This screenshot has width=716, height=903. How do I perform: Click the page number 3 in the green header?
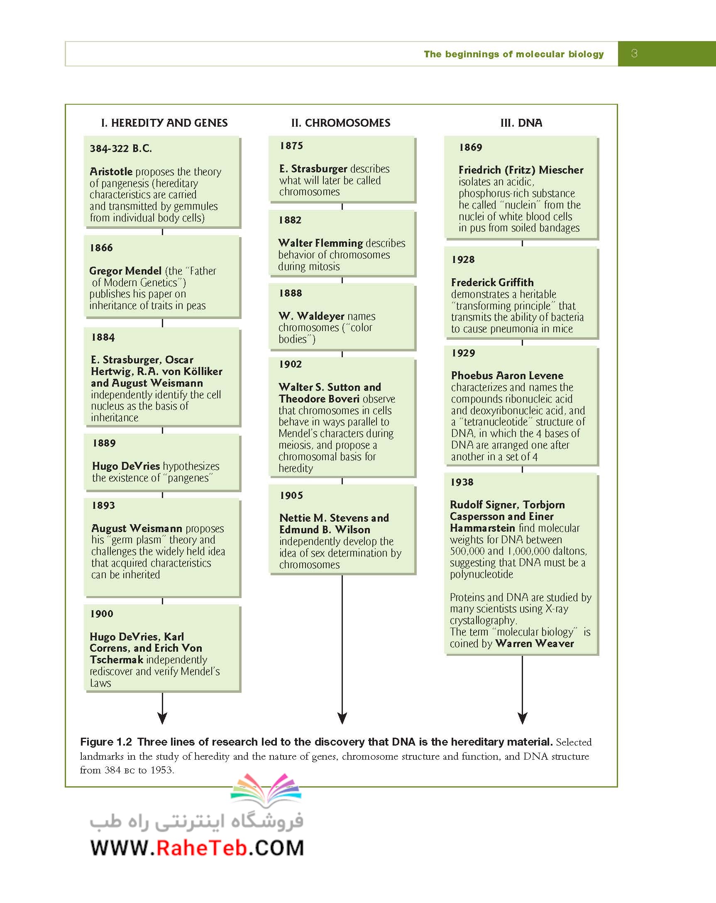tap(634, 53)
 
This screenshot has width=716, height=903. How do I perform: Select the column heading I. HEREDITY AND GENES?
tap(164, 123)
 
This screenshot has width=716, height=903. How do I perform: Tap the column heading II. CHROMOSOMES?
tap(341, 123)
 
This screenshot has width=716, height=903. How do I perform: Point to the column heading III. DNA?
tap(521, 123)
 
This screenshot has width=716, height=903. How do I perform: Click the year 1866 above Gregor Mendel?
tap(101, 248)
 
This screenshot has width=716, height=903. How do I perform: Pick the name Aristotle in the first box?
tap(111, 171)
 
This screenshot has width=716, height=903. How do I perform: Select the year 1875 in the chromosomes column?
tap(291, 145)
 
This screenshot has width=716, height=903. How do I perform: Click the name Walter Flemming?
tap(320, 243)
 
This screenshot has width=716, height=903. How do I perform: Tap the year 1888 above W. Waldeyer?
tap(291, 293)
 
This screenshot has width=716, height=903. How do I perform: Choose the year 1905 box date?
tap(291, 495)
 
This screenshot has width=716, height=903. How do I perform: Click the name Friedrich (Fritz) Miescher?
tap(521, 169)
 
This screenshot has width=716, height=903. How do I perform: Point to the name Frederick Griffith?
tap(492, 282)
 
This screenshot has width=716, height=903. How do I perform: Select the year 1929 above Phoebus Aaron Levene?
tap(463, 353)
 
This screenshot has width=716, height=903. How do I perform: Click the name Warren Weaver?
tap(534, 643)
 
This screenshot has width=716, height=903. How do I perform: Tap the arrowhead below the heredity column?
tap(162, 718)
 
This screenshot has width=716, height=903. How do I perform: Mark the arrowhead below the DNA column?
tap(522, 718)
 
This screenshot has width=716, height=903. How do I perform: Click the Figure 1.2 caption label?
tap(106, 742)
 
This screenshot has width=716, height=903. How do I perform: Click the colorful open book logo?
tap(266, 791)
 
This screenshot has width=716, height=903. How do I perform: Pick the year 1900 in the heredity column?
tap(102, 613)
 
